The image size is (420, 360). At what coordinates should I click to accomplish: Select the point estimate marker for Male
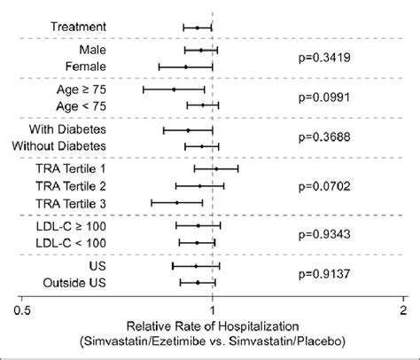(x=200, y=51)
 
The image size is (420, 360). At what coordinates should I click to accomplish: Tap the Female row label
(x=86, y=67)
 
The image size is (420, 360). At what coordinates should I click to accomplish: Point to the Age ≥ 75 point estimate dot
(x=174, y=90)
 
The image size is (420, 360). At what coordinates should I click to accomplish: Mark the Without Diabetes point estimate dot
(x=201, y=145)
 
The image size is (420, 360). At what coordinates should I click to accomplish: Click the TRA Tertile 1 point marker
(x=216, y=168)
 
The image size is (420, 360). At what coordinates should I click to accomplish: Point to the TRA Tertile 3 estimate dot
(x=177, y=202)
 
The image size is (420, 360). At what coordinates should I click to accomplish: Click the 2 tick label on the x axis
(x=403, y=312)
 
